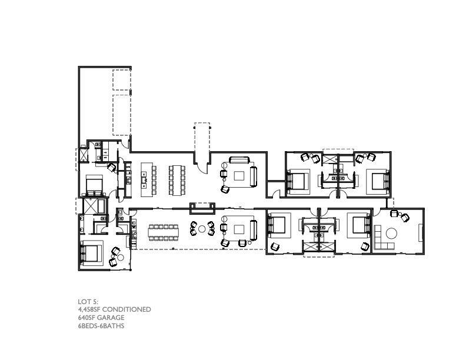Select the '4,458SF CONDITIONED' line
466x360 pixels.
pyautogui.click(x=114, y=309)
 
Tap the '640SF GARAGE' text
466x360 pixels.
pyautogui.click(x=101, y=318)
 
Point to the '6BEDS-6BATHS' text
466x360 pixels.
pyautogui.click(x=101, y=325)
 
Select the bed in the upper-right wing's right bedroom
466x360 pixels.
pyautogui.click(x=378, y=181)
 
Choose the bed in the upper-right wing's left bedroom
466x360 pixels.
pyautogui.click(x=298, y=180)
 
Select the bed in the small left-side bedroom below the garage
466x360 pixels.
pyautogui.click(x=94, y=186)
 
